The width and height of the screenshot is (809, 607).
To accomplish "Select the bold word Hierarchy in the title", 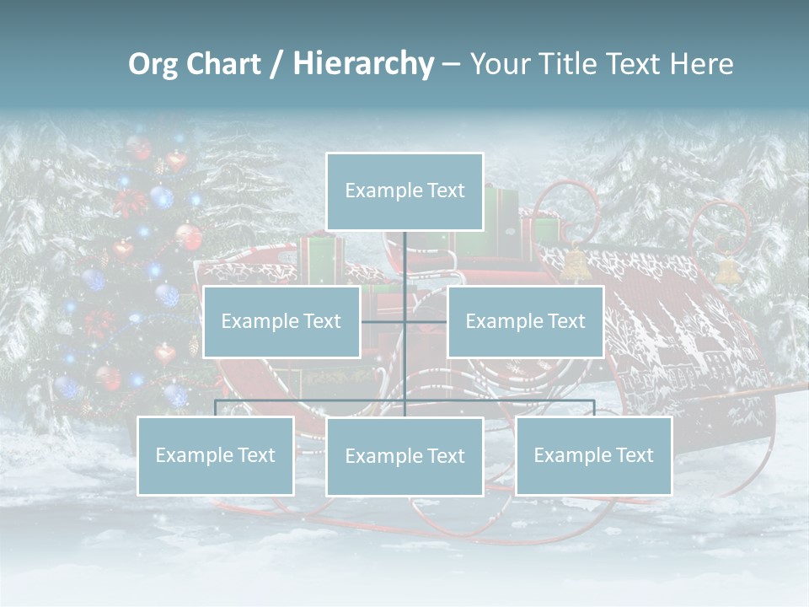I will [363, 64].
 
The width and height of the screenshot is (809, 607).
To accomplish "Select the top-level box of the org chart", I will [404, 191].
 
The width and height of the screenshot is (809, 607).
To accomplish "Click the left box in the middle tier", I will [281, 321].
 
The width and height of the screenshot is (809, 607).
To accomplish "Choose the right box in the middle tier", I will [525, 321].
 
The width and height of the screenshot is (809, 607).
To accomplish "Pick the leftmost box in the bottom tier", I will [215, 455].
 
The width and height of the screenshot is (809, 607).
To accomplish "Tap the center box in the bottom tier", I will [404, 456].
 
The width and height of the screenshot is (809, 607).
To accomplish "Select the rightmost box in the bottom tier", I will [593, 455].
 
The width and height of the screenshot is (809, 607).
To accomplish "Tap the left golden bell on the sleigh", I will [575, 265].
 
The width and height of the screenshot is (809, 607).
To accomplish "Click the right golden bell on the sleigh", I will [726, 270].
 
